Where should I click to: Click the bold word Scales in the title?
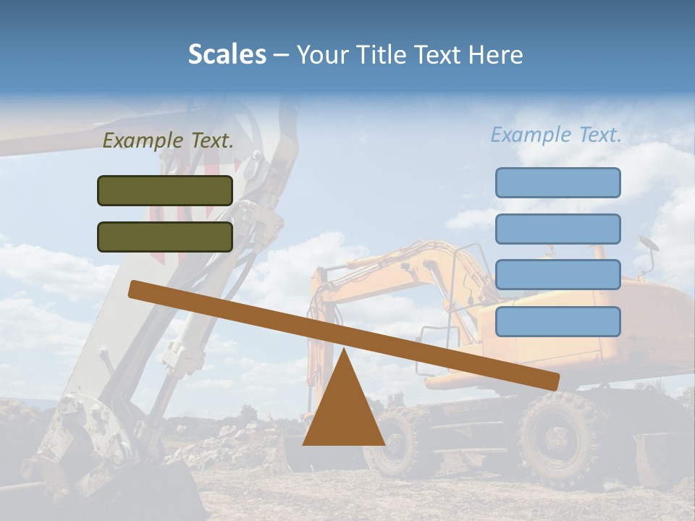point(227,55)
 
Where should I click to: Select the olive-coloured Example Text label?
point(168,141)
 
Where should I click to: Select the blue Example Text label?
point(556,135)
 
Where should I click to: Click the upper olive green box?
point(165,190)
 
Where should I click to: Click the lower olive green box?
point(165,237)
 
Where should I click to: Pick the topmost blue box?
point(557,182)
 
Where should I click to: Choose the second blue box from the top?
point(557,229)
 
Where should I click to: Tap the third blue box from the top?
point(557,275)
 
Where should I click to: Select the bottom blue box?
point(557,321)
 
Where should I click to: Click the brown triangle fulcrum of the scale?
point(343,409)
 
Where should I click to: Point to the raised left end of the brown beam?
point(138,289)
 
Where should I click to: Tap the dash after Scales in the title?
point(281,55)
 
